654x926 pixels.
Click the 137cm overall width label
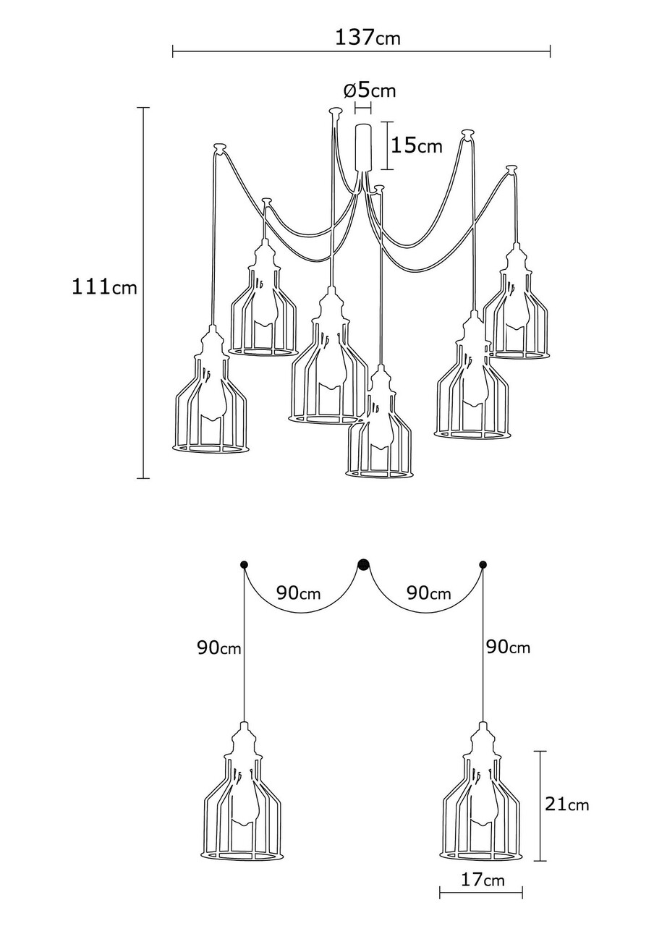(x=367, y=38)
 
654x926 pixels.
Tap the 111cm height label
(x=104, y=286)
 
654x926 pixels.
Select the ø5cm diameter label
(x=370, y=90)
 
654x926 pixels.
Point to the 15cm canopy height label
(x=416, y=145)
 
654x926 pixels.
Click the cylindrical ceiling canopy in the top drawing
(x=363, y=146)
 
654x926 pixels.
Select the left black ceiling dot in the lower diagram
(x=244, y=564)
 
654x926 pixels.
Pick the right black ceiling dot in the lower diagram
(x=483, y=564)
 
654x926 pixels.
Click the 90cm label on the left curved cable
(x=299, y=593)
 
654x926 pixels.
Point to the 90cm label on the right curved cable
(x=429, y=593)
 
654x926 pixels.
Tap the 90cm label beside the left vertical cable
(x=218, y=647)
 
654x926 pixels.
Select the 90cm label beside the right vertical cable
(x=508, y=647)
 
